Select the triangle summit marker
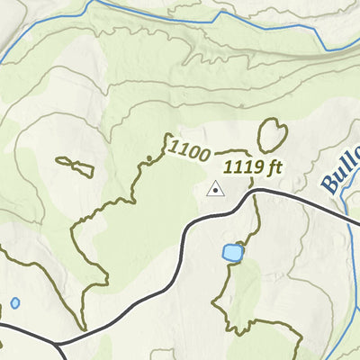[x=214, y=189]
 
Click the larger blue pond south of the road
[x=232, y=253]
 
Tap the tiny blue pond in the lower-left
[x=15, y=303]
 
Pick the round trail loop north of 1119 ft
[x=270, y=135]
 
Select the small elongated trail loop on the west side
[x=75, y=166]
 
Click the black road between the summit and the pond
[x=202, y=220]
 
